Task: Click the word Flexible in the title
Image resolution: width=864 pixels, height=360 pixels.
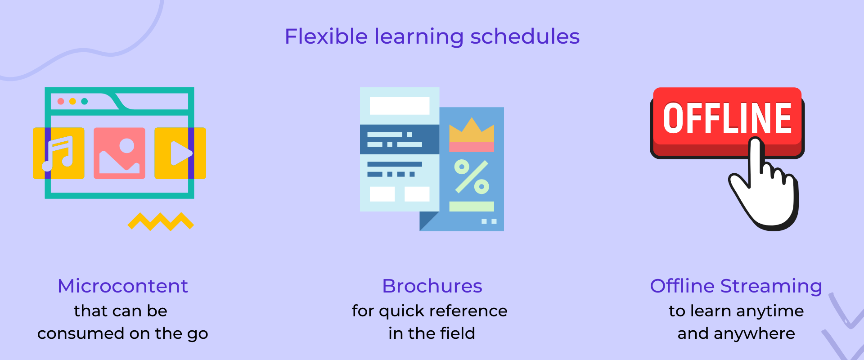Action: pyautogui.click(x=326, y=36)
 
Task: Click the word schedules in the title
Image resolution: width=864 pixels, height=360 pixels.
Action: pyautogui.click(x=525, y=36)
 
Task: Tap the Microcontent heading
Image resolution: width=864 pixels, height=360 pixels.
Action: pyautogui.click(x=122, y=286)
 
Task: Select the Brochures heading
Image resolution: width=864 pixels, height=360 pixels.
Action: pyautogui.click(x=432, y=286)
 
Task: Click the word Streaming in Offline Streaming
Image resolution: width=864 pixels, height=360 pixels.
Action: pyautogui.click(x=771, y=286)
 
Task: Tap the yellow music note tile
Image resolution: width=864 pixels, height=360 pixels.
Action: pyautogui.click(x=59, y=153)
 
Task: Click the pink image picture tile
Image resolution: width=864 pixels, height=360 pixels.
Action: pyautogui.click(x=119, y=153)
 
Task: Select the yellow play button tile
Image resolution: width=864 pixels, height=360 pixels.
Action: pyautogui.click(x=180, y=153)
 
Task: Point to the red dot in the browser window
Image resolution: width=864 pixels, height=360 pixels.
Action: pyautogui.click(x=61, y=101)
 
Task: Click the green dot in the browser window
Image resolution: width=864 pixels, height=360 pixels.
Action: pyautogui.click(x=84, y=101)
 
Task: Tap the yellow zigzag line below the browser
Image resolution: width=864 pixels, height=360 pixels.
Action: pyautogui.click(x=161, y=221)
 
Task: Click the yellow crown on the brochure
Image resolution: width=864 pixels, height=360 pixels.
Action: pyautogui.click(x=472, y=130)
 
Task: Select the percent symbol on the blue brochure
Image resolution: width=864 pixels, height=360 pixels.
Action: pyautogui.click(x=472, y=176)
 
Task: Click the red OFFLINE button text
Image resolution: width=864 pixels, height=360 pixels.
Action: pyautogui.click(x=727, y=118)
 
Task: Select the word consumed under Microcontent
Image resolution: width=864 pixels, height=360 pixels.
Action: pyautogui.click(x=81, y=334)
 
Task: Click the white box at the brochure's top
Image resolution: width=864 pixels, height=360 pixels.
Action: pyautogui.click(x=399, y=106)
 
